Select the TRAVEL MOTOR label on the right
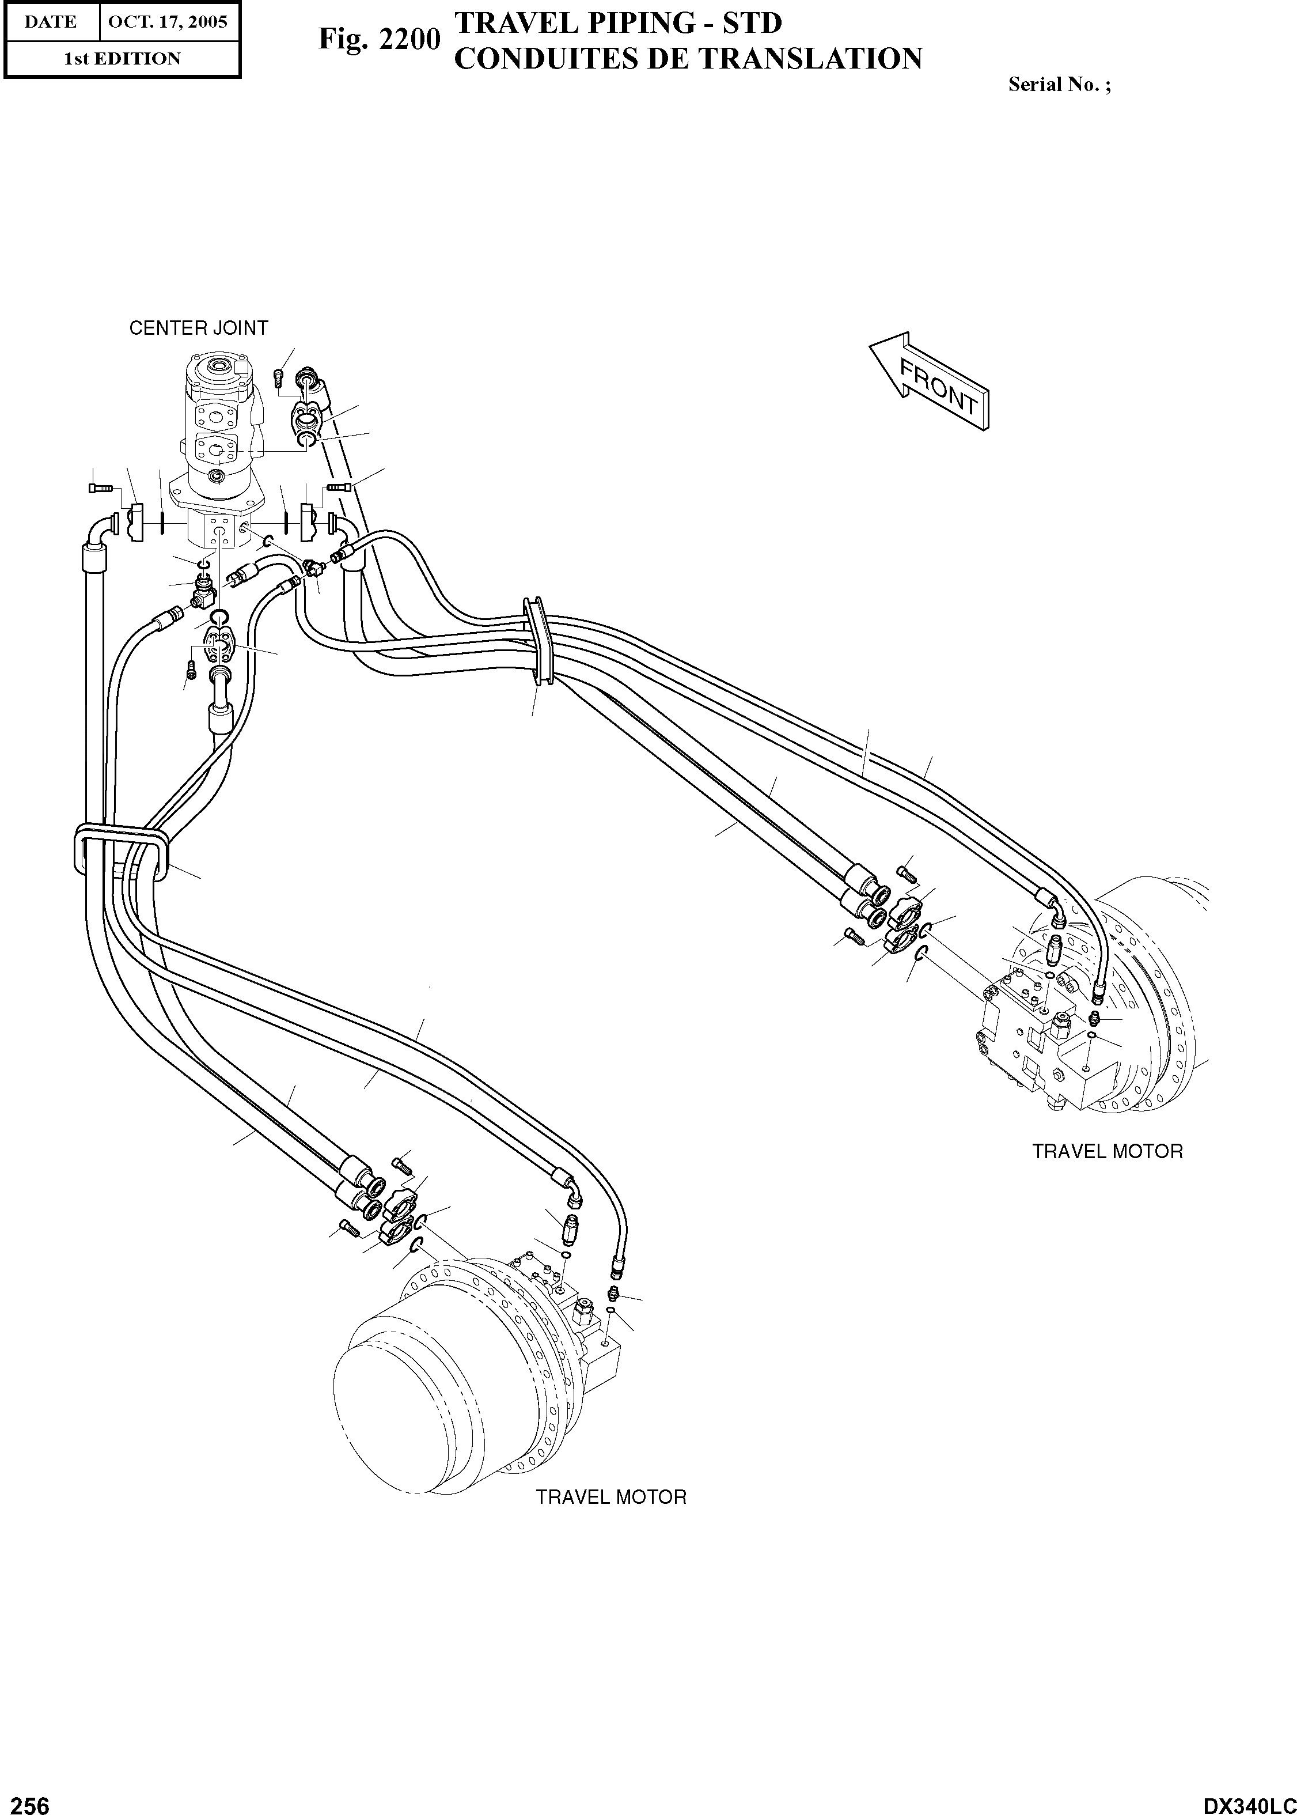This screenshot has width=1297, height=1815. click(x=1107, y=1151)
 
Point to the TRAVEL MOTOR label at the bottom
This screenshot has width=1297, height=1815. click(x=611, y=1497)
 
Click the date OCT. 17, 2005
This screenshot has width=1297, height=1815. click(x=168, y=21)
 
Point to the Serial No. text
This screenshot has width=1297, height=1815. click(x=1058, y=84)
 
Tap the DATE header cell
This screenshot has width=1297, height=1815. click(x=50, y=21)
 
